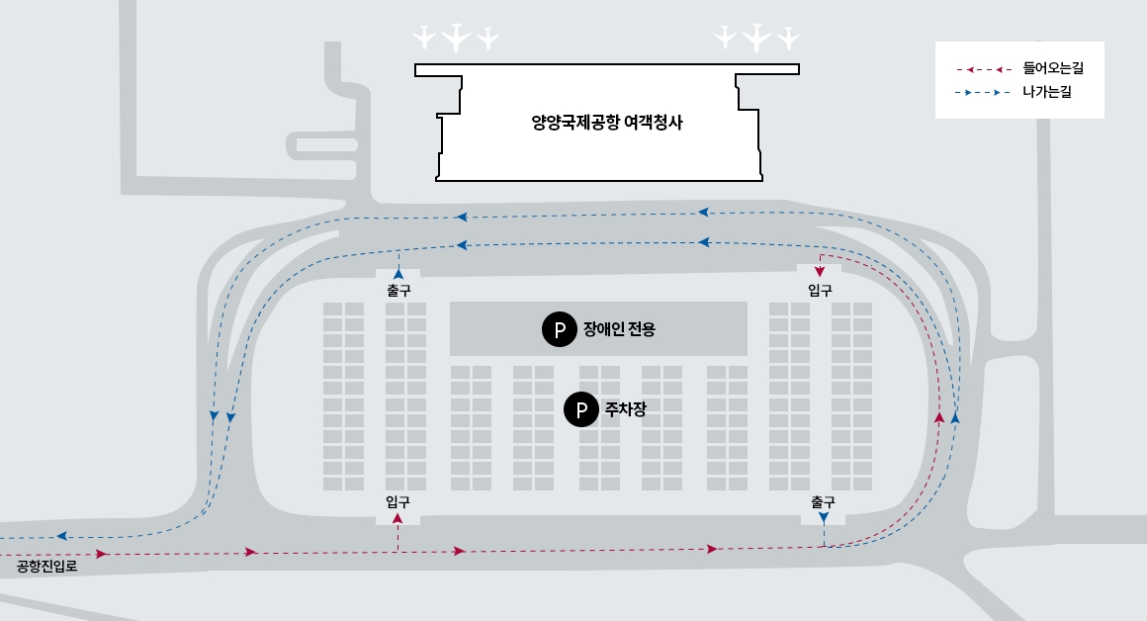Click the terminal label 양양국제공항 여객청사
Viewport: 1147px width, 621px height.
pyautogui.click(x=607, y=124)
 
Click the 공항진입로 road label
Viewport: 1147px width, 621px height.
pyautogui.click(x=46, y=568)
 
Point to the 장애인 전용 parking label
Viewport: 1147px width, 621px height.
pyautogui.click(x=619, y=329)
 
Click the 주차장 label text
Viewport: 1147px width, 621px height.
pyautogui.click(x=625, y=407)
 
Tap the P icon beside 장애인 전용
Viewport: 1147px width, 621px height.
pyautogui.click(x=559, y=329)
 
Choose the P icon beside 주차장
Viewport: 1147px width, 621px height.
pyautogui.click(x=580, y=407)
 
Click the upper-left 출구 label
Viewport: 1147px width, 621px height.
pyautogui.click(x=398, y=291)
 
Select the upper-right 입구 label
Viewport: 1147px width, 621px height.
pyautogui.click(x=820, y=291)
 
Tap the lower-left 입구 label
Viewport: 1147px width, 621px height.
pyautogui.click(x=397, y=501)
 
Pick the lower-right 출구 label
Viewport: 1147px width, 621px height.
pyautogui.click(x=823, y=501)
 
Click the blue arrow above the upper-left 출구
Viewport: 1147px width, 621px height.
pyautogui.click(x=398, y=273)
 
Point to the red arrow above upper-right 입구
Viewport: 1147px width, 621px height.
pyautogui.click(x=820, y=271)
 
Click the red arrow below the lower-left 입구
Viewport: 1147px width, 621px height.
pyautogui.click(x=397, y=518)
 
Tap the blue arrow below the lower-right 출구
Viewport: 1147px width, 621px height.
pyautogui.click(x=824, y=518)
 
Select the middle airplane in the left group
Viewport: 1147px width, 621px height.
pyautogui.click(x=455, y=38)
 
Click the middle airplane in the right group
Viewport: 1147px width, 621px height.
pyautogui.click(x=756, y=38)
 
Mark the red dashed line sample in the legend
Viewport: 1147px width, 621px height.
pyautogui.click(x=983, y=69)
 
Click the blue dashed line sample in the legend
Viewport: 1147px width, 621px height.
pyautogui.click(x=983, y=93)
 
